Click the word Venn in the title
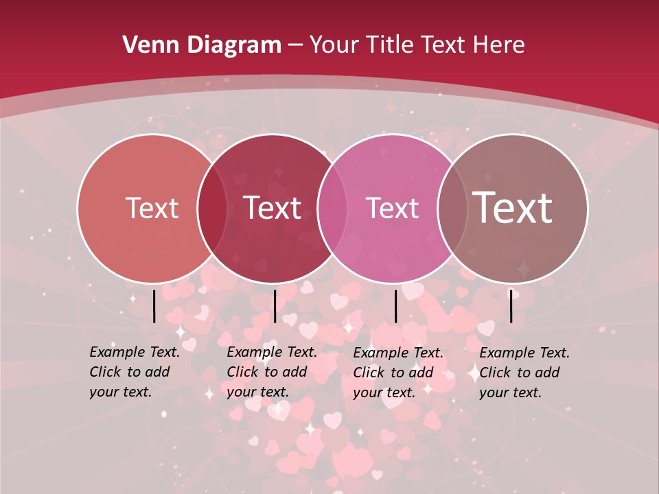point(146,45)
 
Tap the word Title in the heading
point(389,45)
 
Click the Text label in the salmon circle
point(152,208)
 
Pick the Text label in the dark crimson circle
point(273,208)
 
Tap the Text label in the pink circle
point(392,208)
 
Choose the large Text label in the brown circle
point(512,208)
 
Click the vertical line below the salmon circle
point(154,306)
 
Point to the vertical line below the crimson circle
point(275,306)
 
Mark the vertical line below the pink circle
point(395,306)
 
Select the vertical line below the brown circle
point(511,306)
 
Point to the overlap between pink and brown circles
point(450,208)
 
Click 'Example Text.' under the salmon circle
point(135,352)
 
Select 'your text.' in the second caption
point(257,392)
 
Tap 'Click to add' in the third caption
point(393,373)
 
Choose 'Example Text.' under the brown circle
point(524,353)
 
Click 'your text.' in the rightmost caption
point(510,393)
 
